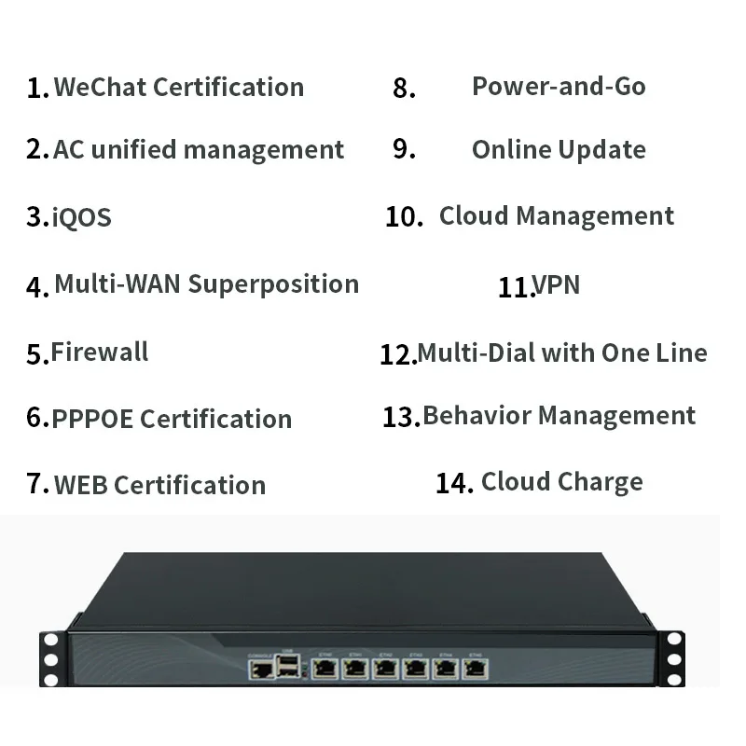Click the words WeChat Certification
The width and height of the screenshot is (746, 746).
(x=178, y=87)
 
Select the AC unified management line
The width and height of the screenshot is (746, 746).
(x=199, y=149)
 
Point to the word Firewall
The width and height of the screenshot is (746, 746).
(x=100, y=352)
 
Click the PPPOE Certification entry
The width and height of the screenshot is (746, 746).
(x=172, y=419)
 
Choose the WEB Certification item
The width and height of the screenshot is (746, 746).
(x=159, y=485)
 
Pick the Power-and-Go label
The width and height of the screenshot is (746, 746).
(x=559, y=86)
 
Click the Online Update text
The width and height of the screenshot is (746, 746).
(x=559, y=149)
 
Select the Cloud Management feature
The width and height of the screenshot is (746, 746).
(x=557, y=215)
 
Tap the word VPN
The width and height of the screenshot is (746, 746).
(x=557, y=284)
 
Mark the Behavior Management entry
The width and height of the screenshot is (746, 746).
(x=559, y=415)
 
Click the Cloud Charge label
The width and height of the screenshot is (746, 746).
(x=562, y=481)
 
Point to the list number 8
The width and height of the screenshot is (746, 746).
(x=404, y=89)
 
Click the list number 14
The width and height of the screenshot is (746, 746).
(x=454, y=483)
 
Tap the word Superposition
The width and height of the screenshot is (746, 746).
(x=273, y=283)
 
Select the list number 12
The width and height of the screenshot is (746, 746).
(x=397, y=354)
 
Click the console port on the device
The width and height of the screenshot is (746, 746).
(x=260, y=667)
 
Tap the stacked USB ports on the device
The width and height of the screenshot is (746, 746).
(x=289, y=665)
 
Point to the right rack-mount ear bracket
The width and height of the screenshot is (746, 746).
(x=673, y=656)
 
